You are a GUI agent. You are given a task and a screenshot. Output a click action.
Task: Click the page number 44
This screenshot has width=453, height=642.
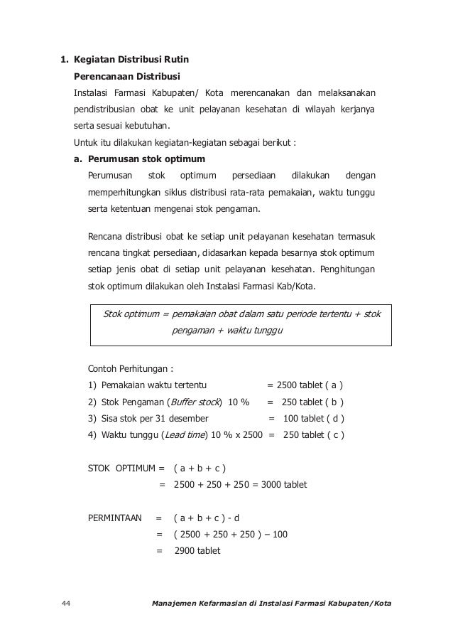click(65, 604)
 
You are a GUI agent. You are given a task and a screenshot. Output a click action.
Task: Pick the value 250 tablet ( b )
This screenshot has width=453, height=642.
click(312, 402)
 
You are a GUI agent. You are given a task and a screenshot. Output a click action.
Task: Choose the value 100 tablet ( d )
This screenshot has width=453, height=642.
click(313, 418)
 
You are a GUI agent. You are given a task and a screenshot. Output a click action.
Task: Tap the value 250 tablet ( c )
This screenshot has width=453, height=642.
click(313, 434)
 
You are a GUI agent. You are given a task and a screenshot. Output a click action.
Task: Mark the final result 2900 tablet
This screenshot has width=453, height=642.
click(197, 550)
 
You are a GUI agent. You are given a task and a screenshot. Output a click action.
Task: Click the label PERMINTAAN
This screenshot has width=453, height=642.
click(114, 518)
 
